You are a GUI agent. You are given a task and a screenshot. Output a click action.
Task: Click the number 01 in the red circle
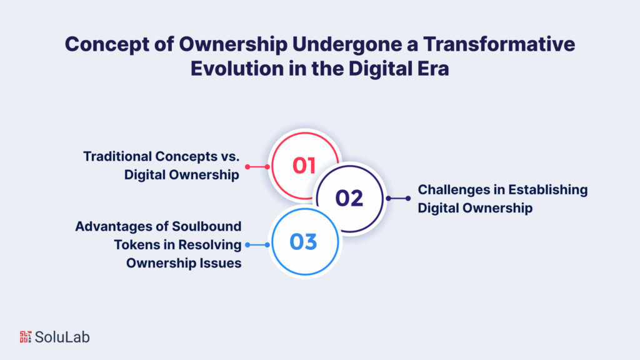[304, 166]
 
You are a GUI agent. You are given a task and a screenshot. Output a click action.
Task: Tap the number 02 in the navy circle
[349, 198]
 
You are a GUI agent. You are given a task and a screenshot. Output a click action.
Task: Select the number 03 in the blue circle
[304, 242]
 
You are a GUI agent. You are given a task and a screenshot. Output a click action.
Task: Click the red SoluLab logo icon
[25, 337]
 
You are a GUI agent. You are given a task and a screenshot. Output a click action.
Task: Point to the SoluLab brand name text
[62, 337]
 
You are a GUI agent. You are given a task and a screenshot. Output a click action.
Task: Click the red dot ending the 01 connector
[247, 167]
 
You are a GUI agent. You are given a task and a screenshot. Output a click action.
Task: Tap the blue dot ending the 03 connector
[247, 245]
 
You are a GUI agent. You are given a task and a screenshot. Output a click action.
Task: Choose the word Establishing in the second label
[549, 189]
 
